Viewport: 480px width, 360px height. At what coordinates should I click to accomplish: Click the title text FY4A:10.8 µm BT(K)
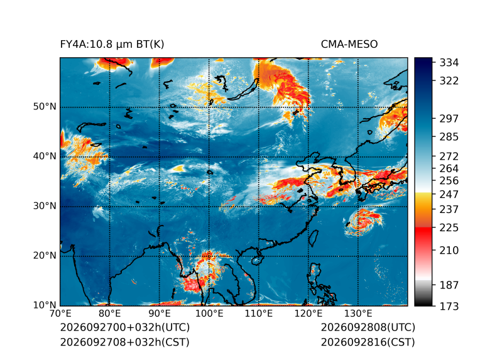[112, 45]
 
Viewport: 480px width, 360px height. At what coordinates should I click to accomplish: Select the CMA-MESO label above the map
[349, 45]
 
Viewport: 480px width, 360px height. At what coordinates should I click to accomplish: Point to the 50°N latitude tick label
[45, 107]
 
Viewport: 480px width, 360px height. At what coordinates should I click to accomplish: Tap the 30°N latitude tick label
[45, 205]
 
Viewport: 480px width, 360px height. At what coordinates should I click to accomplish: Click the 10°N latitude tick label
[45, 305]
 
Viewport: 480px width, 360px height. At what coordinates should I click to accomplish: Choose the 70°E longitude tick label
[60, 314]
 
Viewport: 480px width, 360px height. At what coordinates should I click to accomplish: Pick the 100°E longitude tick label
[209, 314]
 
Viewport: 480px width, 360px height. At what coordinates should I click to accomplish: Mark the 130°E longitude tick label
[358, 314]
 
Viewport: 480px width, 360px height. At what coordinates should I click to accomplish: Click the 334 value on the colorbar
[449, 62]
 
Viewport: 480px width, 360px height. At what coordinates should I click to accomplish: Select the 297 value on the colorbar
[449, 119]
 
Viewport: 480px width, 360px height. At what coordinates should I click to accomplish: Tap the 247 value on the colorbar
[449, 194]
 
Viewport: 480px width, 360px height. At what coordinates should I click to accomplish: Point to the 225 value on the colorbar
[449, 228]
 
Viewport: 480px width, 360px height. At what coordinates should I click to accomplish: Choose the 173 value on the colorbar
[449, 306]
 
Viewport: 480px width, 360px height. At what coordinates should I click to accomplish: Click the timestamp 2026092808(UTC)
[368, 327]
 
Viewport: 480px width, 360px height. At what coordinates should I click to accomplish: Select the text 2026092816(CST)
[368, 342]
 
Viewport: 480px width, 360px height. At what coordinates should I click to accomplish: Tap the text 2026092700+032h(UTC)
[125, 327]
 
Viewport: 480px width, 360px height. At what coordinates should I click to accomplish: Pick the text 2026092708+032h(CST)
[125, 342]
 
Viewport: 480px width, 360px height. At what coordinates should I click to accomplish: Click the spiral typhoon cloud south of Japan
[363, 222]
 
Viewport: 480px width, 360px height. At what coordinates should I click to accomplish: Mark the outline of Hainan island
[256, 261]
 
